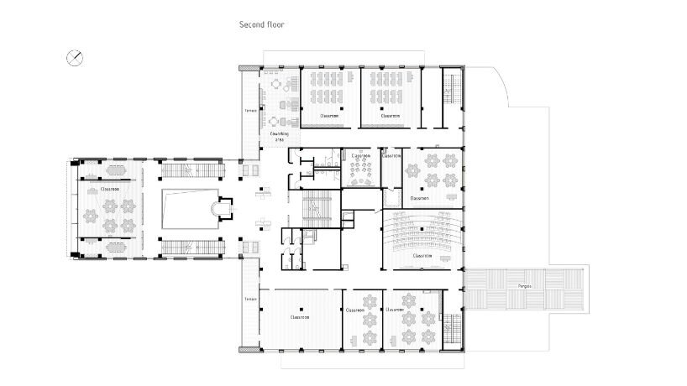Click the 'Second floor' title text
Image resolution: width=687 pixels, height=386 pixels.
point(262,25)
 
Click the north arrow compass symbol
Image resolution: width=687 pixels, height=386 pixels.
point(75,57)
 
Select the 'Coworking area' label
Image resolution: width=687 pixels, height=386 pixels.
point(279,137)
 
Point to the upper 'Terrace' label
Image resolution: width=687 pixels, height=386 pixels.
point(250,110)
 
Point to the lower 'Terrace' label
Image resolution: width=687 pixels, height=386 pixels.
point(250,299)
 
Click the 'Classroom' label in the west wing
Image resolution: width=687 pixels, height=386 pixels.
point(108,190)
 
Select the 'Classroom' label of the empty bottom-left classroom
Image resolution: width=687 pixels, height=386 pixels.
point(300,317)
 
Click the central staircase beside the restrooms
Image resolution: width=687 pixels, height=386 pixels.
point(318,208)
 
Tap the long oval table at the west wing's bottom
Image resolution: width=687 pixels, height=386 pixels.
point(108,247)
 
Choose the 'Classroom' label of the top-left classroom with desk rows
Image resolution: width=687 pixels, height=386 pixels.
point(329,116)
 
